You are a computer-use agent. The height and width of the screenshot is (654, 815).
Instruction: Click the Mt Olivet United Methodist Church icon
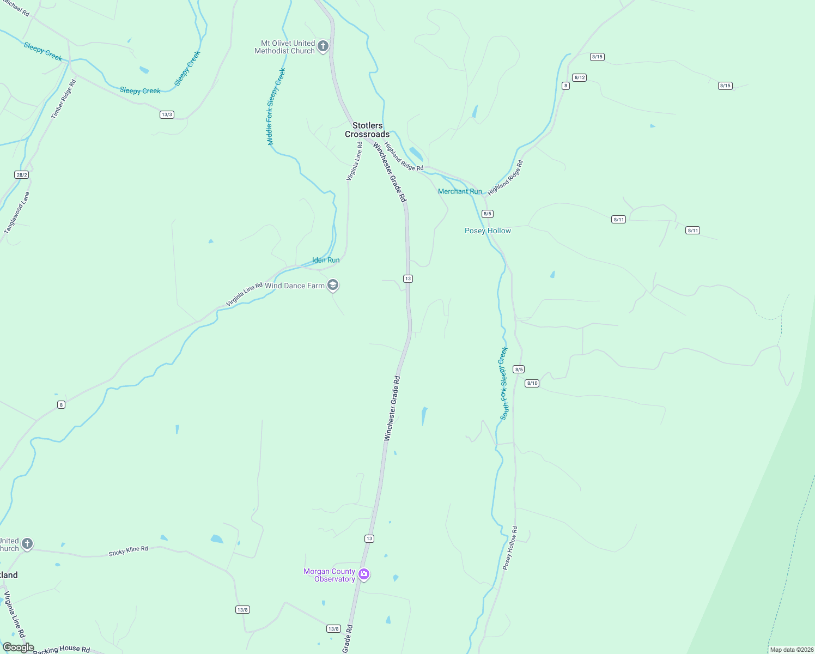click(x=323, y=46)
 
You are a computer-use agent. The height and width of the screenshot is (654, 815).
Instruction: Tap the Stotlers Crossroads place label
click(x=367, y=130)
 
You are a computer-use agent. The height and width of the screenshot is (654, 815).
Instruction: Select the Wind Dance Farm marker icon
click(x=333, y=285)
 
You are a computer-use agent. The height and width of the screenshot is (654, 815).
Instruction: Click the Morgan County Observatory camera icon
click(x=364, y=574)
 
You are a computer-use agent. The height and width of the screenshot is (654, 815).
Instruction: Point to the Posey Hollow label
click(x=488, y=231)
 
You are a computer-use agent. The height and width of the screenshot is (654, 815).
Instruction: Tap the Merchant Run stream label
click(x=460, y=191)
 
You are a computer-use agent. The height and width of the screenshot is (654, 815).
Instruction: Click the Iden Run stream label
click(x=326, y=260)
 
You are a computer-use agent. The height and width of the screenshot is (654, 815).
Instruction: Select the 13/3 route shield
click(x=167, y=114)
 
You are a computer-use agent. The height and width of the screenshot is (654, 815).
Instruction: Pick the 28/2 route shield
click(x=22, y=175)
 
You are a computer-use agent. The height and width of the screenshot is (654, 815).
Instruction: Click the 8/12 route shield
click(x=580, y=77)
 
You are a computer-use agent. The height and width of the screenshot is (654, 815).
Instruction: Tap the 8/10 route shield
click(x=532, y=383)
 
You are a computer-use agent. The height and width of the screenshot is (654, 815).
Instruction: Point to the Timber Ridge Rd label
click(x=64, y=99)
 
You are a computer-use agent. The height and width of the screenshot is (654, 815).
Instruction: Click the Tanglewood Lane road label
click(x=17, y=213)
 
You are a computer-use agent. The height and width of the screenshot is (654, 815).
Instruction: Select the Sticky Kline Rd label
click(x=128, y=551)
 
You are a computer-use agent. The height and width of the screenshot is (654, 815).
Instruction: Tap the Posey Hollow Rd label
click(x=510, y=548)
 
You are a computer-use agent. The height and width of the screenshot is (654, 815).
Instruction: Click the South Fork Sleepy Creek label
click(x=503, y=384)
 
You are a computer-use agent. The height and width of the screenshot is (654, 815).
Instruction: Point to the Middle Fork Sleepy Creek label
click(x=276, y=106)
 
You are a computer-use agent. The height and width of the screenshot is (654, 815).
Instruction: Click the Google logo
click(x=18, y=647)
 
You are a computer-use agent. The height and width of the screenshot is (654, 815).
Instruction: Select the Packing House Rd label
click(x=62, y=649)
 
